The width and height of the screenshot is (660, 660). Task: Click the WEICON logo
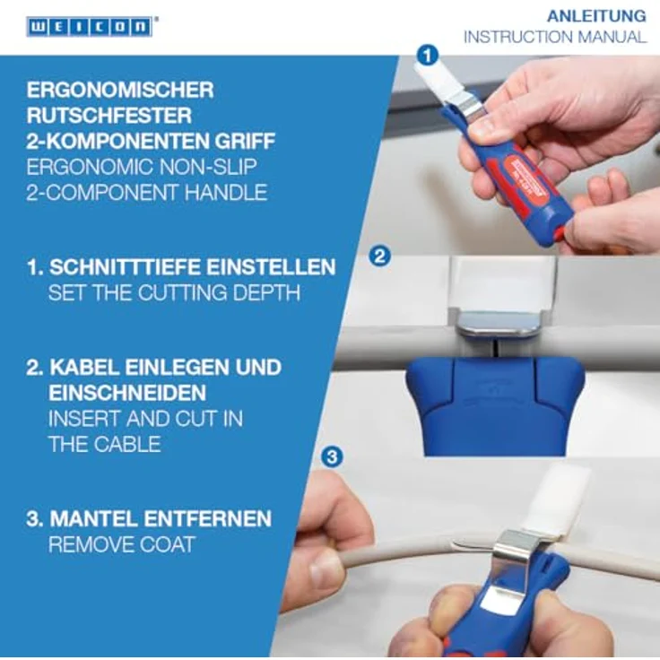tap(89, 26)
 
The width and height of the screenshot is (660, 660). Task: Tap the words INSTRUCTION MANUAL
tap(554, 37)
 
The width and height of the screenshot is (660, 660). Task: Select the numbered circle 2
tap(379, 256)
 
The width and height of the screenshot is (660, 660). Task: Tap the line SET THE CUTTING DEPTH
tap(173, 292)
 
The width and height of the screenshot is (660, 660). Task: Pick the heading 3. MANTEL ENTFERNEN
tap(150, 519)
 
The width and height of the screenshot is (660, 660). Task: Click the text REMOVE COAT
tap(121, 544)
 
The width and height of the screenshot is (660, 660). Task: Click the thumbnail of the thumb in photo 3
tap(326, 568)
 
